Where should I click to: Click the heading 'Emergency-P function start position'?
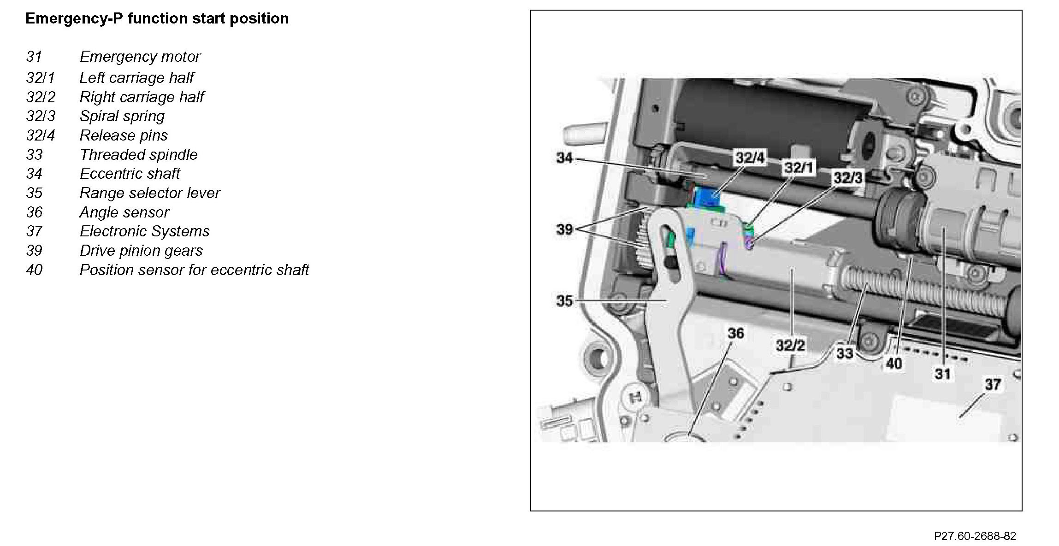157,19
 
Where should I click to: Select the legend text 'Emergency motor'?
140,57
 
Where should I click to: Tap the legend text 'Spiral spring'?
122,116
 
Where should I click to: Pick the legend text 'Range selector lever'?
150,193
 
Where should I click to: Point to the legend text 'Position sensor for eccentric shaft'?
194,270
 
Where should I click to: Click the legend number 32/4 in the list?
41,135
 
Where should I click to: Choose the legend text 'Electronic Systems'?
144,231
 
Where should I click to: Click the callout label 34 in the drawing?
565,158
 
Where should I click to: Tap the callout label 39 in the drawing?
564,229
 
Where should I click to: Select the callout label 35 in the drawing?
564,301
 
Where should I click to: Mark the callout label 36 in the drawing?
735,333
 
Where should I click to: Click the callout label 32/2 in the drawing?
790,345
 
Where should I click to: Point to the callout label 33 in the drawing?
845,353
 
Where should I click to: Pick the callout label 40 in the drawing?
893,364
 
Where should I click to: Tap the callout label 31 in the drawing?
942,374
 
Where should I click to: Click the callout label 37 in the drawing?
992,384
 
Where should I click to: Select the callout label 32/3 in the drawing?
848,178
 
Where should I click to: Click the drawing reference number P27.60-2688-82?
975,536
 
